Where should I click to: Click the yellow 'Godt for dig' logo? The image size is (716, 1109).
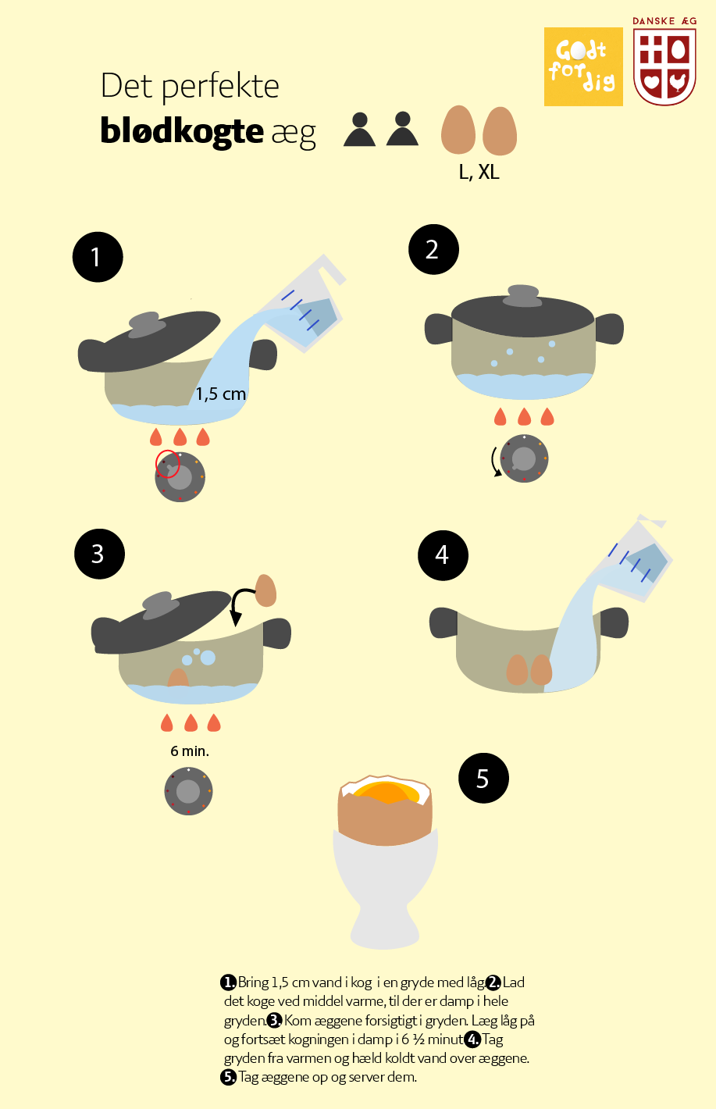coord(583,66)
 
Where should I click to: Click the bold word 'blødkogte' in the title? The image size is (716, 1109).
coord(182,131)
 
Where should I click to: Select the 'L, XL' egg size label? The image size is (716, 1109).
coord(479,172)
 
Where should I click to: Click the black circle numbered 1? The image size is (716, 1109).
coord(98,257)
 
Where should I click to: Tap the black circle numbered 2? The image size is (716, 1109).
coord(433,249)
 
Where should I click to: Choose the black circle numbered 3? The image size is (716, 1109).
coord(99,554)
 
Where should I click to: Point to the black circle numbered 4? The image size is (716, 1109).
coord(443,555)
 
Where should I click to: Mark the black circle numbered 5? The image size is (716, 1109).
coord(483,779)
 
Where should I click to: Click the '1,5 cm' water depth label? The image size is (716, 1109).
coord(221,394)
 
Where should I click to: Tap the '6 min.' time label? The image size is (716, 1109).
coord(190,751)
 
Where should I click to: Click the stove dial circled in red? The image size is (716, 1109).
coord(180,476)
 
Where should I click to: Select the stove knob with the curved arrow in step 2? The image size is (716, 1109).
coord(524,458)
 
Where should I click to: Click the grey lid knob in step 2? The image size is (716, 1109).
coord(523,295)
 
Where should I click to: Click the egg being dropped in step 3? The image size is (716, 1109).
coord(265,590)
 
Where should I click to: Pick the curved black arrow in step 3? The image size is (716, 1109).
coord(240,603)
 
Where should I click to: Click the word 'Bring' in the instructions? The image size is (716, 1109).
coord(253,982)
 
